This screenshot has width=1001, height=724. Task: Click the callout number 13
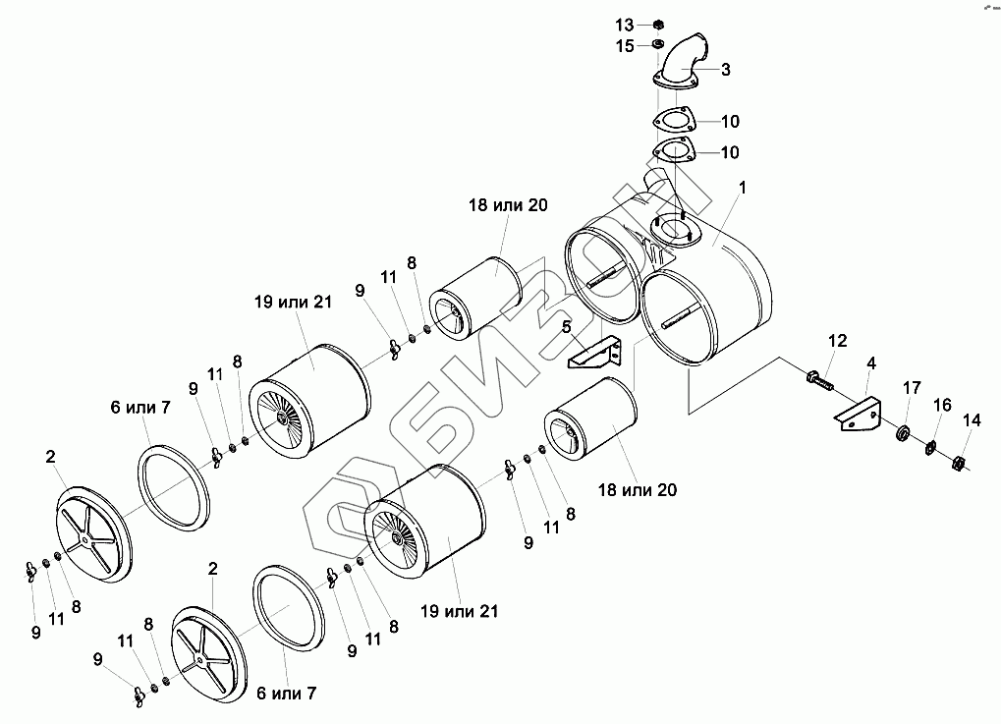(625, 24)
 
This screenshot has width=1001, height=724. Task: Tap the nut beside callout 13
(658, 24)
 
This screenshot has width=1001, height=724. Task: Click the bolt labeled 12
(817, 376)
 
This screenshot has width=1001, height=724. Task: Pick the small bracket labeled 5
(597, 352)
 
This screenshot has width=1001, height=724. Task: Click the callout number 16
(942, 404)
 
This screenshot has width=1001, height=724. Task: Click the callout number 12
(836, 341)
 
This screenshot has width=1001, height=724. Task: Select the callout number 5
(567, 326)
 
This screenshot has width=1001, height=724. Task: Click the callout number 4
(870, 364)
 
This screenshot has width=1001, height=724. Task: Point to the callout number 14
(972, 420)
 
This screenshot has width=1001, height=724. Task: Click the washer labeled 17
(902, 433)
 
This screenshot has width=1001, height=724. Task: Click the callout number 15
(625, 45)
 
